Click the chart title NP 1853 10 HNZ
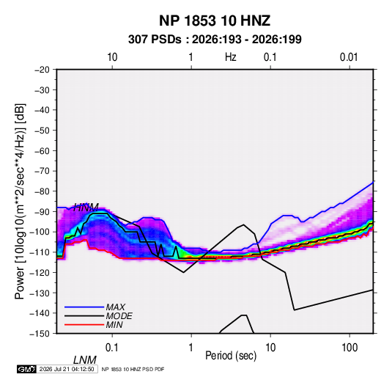click(215, 21)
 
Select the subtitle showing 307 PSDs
click(215, 40)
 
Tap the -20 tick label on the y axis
click(42, 70)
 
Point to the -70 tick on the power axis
click(42, 171)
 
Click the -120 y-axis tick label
click(40, 273)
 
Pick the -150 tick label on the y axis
click(40, 334)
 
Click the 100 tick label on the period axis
click(350, 348)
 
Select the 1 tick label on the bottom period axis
click(191, 348)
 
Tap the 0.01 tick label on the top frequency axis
click(349, 57)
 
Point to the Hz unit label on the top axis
click(231, 57)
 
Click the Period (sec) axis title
click(231, 356)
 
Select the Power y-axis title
click(20, 201)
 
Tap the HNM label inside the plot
click(86, 208)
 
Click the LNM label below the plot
click(85, 360)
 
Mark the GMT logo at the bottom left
click(27, 369)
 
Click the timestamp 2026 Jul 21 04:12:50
click(67, 369)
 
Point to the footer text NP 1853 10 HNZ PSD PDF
click(133, 369)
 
